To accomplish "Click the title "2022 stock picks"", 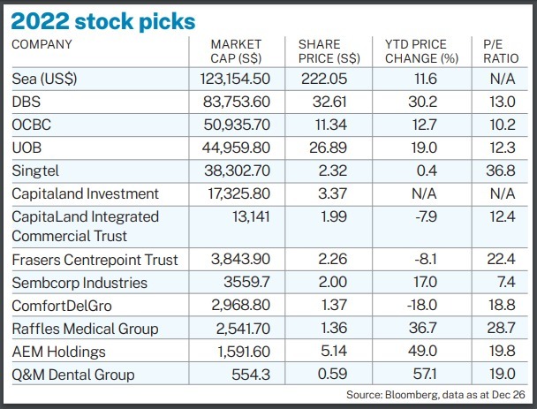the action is tap(103, 21).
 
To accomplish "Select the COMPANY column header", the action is tap(42, 44).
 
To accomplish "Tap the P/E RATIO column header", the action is tap(501, 51).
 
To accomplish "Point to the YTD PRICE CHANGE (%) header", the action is tap(421, 51).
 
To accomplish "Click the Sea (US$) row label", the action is tap(44, 80).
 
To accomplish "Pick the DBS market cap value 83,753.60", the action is tap(237, 102).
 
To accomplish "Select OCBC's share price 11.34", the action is tap(331, 125).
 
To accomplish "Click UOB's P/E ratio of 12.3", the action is tap(502, 148).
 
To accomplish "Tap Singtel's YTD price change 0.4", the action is tap(427, 170).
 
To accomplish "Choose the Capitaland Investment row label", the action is tap(85, 193).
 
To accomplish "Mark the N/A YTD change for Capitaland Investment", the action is tap(424, 193).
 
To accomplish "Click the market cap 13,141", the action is tap(251, 216).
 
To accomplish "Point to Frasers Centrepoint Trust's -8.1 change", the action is tap(426, 259).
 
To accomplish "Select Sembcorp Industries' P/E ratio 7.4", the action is tap(507, 282).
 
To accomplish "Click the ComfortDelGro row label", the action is tap(62, 306).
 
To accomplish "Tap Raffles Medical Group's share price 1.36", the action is tap(334, 328).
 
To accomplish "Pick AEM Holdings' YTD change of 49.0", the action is tap(422, 351).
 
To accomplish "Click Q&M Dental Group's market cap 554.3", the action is tap(251, 375).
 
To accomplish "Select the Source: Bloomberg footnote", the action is tap(435, 395).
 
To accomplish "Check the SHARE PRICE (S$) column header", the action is tap(329, 51).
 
